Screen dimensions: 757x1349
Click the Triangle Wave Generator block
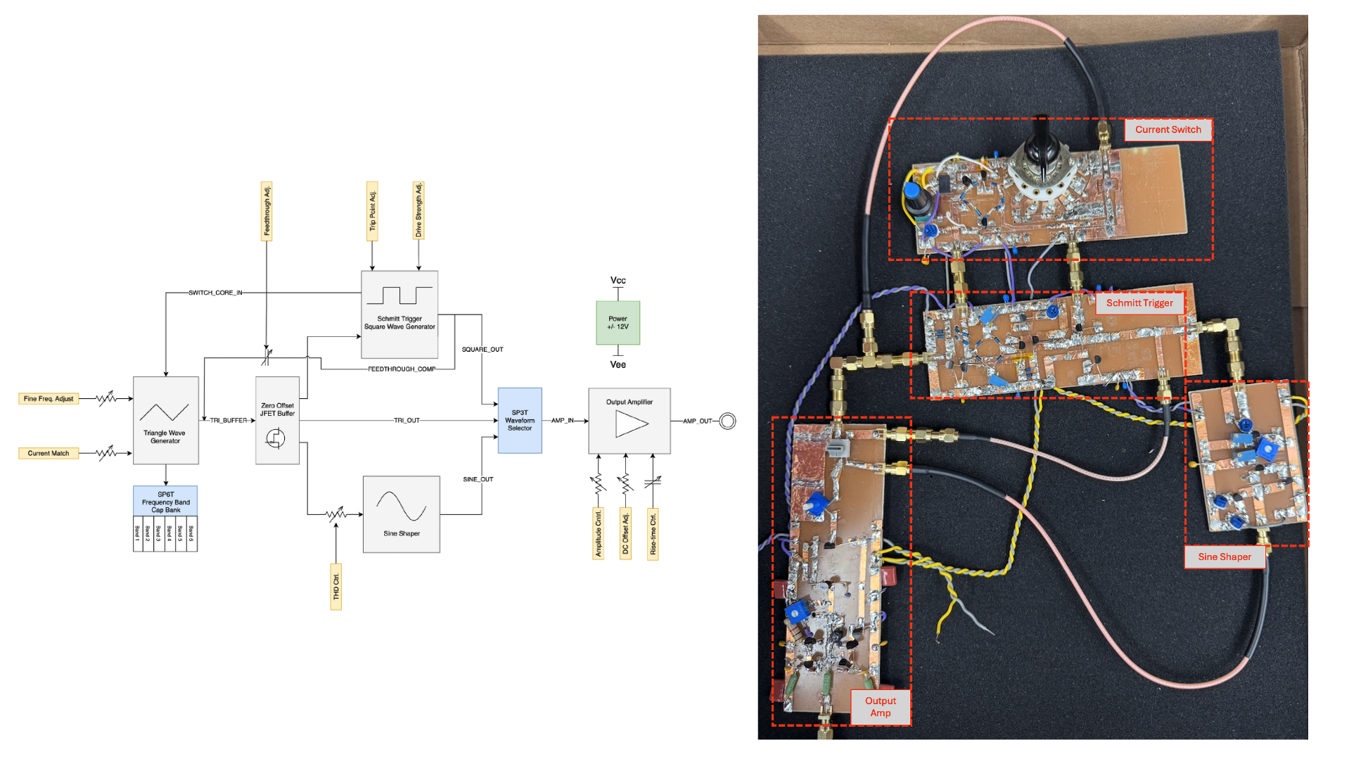point(166,420)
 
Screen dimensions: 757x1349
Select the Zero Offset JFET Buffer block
point(277,421)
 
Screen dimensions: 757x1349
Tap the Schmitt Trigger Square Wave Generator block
point(399,314)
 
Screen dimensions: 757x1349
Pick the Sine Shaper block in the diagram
point(402,514)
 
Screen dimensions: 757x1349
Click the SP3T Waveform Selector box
point(520,420)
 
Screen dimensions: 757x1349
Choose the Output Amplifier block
point(629,421)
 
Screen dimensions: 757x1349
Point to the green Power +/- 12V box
point(618,323)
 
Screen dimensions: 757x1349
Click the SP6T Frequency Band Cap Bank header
point(165,502)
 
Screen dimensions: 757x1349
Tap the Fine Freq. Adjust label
point(49,399)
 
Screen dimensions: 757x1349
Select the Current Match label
point(49,454)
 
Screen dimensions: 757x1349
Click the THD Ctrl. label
point(336,587)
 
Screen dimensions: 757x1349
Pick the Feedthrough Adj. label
point(267,211)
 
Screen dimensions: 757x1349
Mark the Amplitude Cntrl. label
point(599,534)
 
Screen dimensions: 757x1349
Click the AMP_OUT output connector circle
point(728,421)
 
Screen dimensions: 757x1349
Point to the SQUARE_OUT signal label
point(482,350)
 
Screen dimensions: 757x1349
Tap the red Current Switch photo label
point(1168,129)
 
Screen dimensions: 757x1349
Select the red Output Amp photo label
point(880,706)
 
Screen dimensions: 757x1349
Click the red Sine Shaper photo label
point(1225,556)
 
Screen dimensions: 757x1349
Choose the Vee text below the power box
point(618,364)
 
